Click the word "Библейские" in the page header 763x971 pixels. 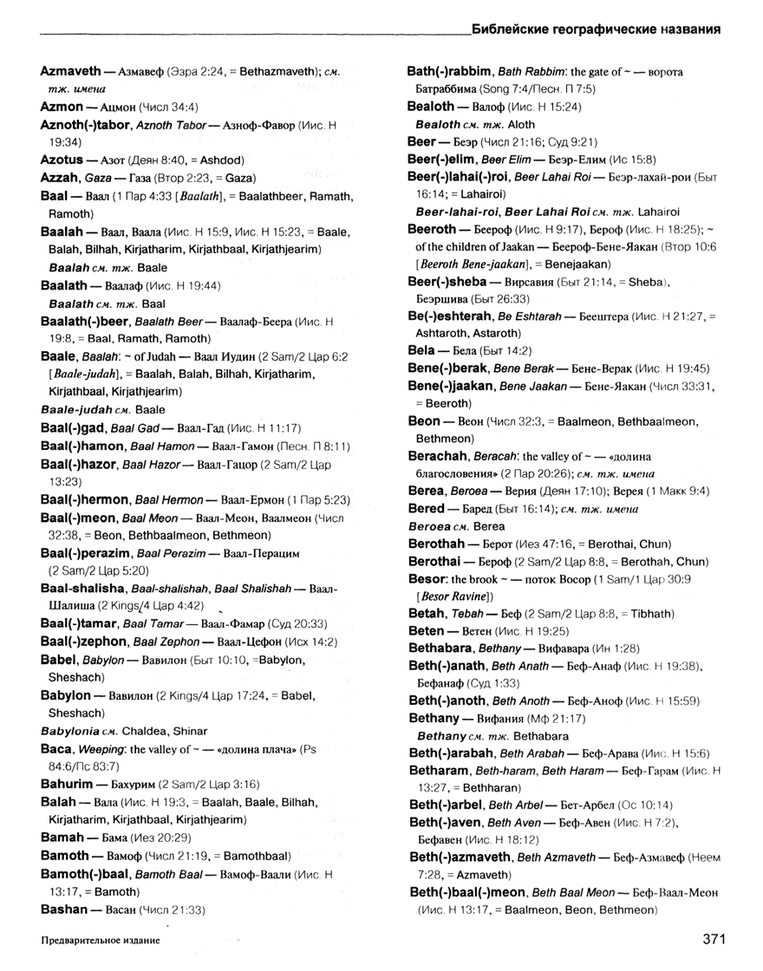(513, 29)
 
